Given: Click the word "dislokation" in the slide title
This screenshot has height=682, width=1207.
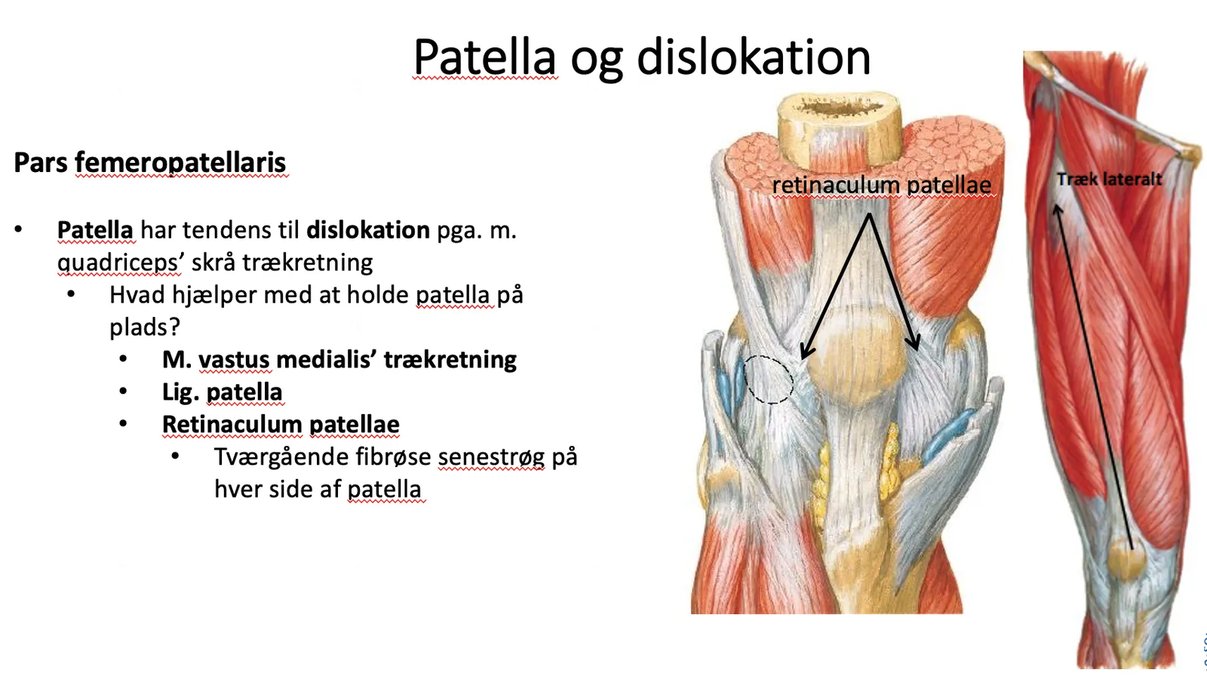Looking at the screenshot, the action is pos(754,57).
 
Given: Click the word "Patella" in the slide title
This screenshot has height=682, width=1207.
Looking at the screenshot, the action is pos(484,57).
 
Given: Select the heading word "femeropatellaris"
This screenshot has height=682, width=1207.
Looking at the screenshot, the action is pos(180,163).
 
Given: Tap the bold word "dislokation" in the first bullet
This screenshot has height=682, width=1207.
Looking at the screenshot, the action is pos(368,230).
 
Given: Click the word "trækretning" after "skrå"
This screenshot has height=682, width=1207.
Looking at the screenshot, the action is pos(307,263).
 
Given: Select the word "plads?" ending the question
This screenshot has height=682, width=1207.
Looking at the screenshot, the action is pos(145,327).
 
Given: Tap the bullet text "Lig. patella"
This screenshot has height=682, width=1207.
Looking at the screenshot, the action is pos(222,392).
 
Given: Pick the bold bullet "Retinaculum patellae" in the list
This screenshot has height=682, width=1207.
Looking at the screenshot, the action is pos(281,425).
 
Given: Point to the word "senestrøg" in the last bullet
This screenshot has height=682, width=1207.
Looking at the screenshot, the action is pos(491,457).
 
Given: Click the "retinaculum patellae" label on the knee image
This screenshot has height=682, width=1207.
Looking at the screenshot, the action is pos(882,186).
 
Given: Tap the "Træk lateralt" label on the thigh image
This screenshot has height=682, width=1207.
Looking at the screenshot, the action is pos(1109,180).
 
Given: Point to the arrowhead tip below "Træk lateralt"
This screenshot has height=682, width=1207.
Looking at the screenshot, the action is pos(1057,204).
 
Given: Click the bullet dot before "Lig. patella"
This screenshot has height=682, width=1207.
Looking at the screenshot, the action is pos(124,391).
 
